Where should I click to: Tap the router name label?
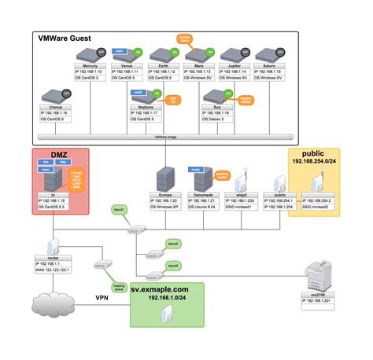click(53, 257)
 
